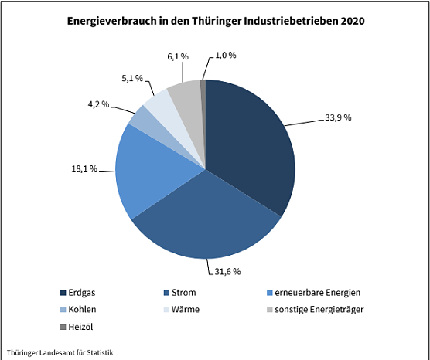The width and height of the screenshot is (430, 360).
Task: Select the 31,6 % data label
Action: (x=226, y=271)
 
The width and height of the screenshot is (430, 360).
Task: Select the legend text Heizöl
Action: (x=83, y=326)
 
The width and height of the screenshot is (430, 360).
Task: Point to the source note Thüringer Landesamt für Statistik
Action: (x=60, y=352)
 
